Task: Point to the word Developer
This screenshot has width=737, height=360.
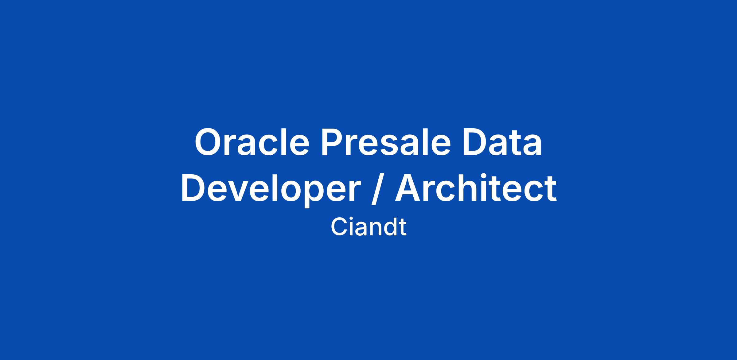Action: (x=271, y=189)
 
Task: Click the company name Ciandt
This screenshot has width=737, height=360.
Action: (x=368, y=227)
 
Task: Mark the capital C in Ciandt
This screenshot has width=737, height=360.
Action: (x=339, y=227)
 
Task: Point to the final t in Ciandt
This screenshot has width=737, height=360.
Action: (x=402, y=228)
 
